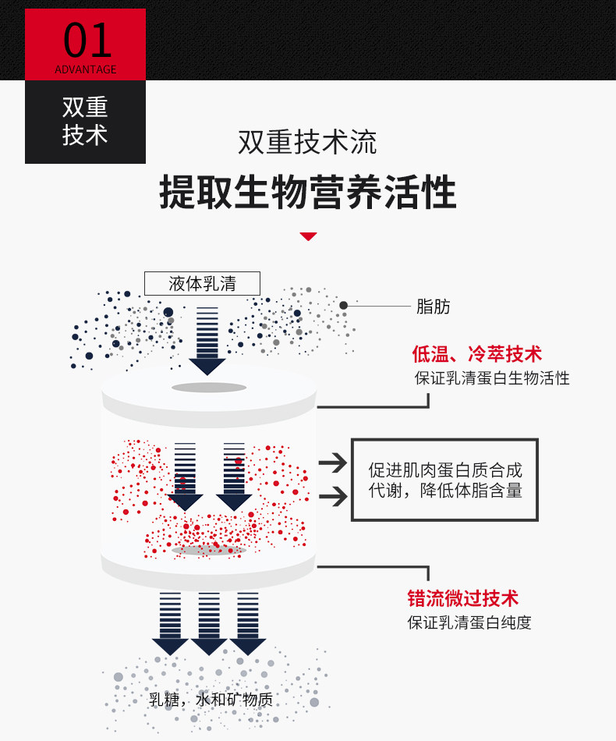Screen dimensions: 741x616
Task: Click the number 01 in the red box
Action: tap(86, 40)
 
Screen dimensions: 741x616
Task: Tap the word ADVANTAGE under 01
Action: tap(86, 69)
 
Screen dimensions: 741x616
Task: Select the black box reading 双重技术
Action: tap(85, 122)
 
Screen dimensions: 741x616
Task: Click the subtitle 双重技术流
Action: tap(307, 143)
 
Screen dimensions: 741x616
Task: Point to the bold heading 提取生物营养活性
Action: tap(307, 192)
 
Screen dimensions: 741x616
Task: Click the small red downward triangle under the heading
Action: tap(309, 236)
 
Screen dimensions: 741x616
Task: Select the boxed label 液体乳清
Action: tap(202, 283)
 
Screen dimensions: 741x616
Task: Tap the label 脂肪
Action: tap(434, 307)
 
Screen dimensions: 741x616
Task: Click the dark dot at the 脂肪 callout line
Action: tap(343, 305)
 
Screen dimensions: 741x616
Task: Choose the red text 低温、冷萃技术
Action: tap(476, 354)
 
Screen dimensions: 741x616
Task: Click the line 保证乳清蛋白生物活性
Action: tap(491, 378)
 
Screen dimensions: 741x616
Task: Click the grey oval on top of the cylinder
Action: tap(209, 388)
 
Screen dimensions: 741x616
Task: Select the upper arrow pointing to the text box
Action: tap(333, 463)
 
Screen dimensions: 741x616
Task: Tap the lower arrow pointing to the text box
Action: tap(333, 495)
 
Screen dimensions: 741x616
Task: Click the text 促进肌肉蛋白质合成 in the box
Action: tap(445, 470)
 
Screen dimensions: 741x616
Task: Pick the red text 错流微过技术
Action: tap(462, 598)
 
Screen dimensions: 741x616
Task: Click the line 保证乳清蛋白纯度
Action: tap(469, 622)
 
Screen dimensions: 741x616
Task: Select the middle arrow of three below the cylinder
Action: tap(208, 623)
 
